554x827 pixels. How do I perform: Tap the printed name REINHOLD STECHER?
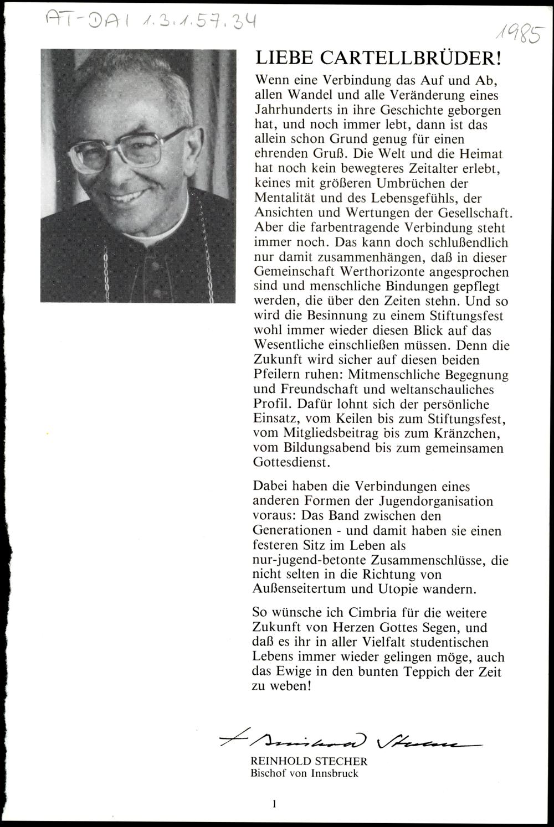click(x=301, y=762)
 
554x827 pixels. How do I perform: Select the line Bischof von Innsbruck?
click(x=304, y=773)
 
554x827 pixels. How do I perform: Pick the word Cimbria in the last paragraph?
click(x=369, y=613)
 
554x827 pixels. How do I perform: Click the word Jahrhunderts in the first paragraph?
click(x=288, y=110)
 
